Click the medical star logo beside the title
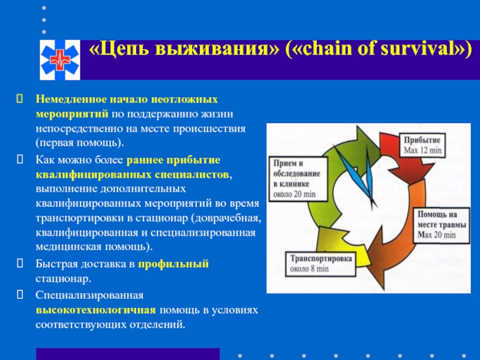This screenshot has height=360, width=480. tap(60, 59)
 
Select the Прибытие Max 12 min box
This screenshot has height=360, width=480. tap(422, 145)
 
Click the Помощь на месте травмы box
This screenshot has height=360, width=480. tap(442, 225)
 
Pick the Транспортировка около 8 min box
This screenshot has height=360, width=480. tap(321, 263)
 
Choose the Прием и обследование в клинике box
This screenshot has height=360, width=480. tap(298, 179)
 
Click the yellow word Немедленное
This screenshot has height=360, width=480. tap(71, 99)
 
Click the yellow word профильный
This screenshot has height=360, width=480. tap(173, 264)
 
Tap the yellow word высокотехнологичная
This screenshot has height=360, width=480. tap(96, 310)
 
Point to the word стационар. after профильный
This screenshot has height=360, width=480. tap(64, 279)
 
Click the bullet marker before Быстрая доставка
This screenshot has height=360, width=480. tap(20, 263)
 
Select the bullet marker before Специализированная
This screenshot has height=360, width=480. tap(20, 295)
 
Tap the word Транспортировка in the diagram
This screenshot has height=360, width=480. tap(321, 259)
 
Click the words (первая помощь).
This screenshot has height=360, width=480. tap(80, 143)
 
